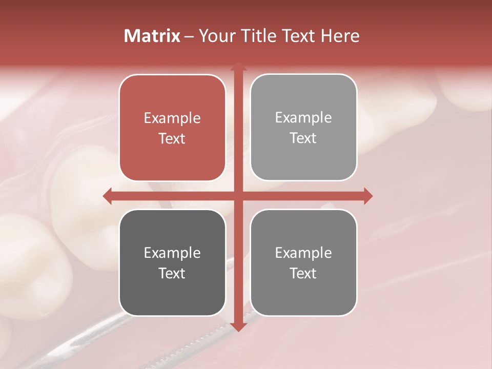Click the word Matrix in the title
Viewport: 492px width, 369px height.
click(x=152, y=36)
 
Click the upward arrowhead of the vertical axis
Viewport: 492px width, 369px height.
click(x=238, y=66)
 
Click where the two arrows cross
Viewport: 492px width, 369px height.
click(x=238, y=196)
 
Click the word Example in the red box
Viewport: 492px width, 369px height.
click(x=172, y=118)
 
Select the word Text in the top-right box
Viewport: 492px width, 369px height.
click(x=303, y=138)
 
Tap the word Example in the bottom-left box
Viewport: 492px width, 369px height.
click(x=172, y=253)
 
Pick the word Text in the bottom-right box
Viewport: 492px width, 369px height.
click(x=303, y=273)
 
